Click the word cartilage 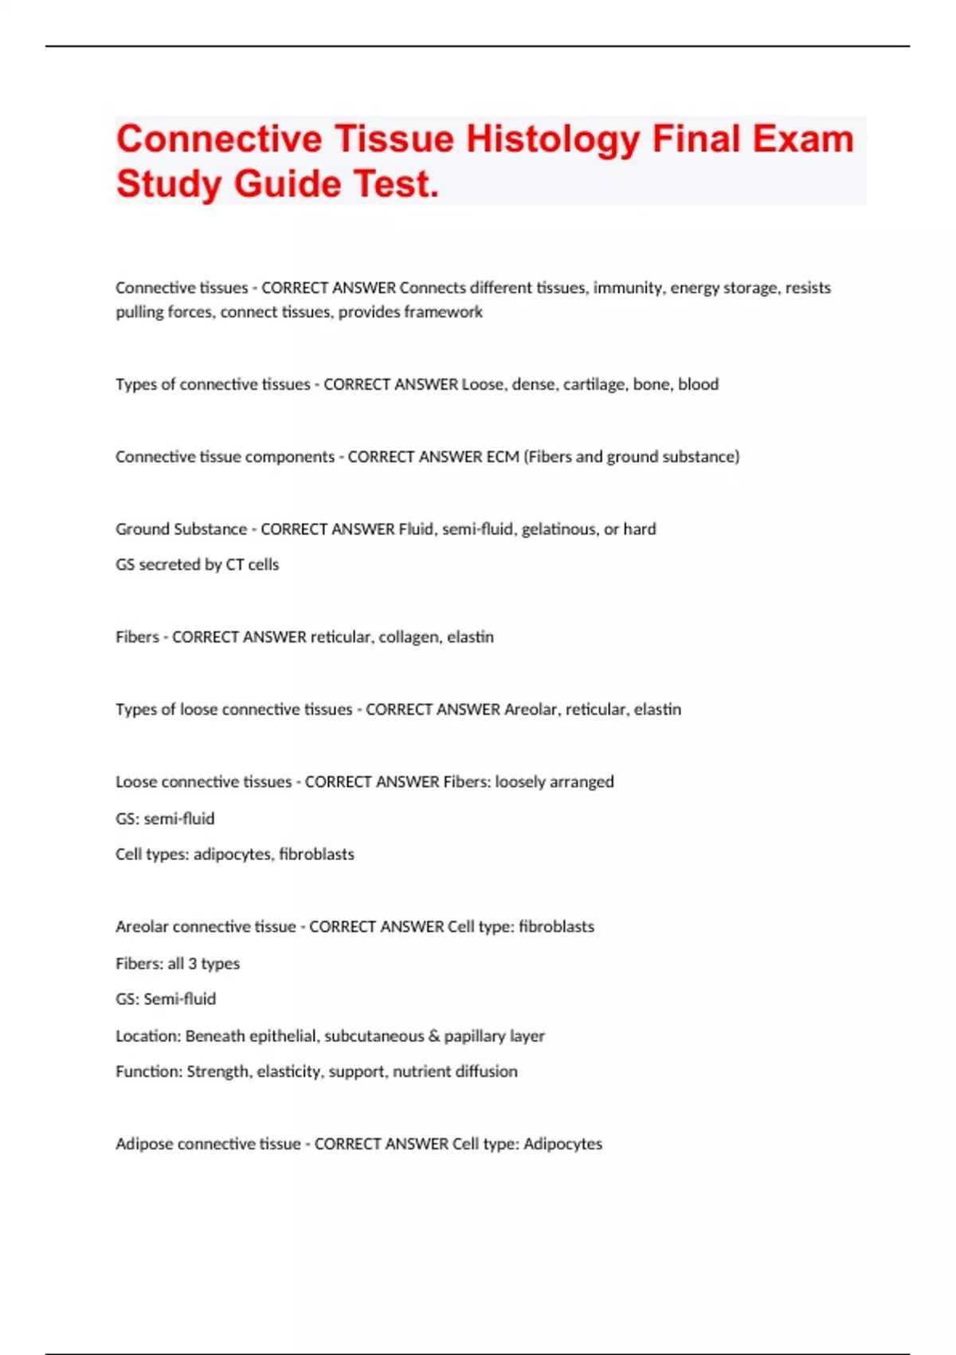594,384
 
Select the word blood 698,384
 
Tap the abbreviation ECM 502,457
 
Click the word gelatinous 558,529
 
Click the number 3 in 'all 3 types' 192,964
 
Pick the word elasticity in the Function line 290,1072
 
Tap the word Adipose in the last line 144,1145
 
